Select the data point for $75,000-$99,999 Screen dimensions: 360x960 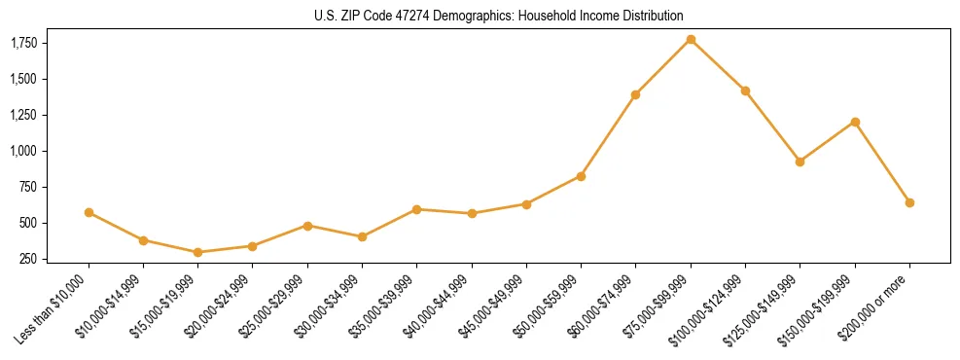coord(691,39)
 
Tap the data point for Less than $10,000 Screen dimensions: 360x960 coord(89,212)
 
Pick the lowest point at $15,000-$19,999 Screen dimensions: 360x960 coord(198,252)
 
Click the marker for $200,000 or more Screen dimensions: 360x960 coord(909,202)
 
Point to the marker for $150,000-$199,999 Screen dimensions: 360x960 coord(855,122)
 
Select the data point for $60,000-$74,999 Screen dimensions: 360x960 coord(635,94)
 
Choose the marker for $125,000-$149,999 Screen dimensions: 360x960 coord(800,162)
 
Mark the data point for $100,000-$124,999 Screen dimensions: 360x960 coord(745,90)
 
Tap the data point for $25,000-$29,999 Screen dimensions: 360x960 coord(307,226)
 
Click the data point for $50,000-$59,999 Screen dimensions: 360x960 coord(581,176)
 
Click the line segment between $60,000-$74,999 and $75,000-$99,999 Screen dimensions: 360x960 coord(663,66)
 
